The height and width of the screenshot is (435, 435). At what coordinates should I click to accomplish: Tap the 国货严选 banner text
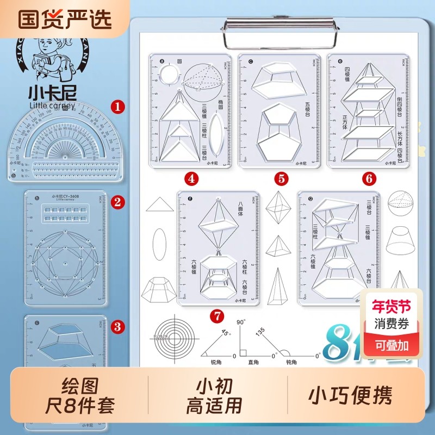[x=65, y=18]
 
